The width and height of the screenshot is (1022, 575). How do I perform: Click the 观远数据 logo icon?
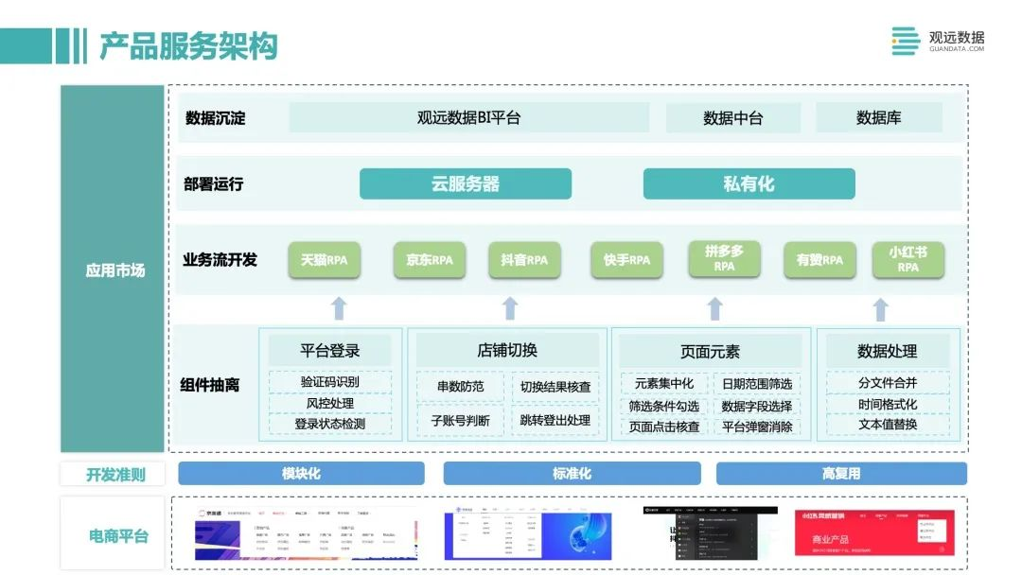tap(906, 41)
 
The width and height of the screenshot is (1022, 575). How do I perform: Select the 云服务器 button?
tap(465, 183)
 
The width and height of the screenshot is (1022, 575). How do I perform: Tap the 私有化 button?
tap(749, 183)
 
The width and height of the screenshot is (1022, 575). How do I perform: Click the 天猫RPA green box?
tap(325, 260)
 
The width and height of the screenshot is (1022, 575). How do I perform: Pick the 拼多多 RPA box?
tap(724, 258)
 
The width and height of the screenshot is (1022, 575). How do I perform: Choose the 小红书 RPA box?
tap(907, 259)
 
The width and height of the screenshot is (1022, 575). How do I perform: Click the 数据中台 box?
tap(732, 118)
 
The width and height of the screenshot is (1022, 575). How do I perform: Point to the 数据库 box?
tap(878, 118)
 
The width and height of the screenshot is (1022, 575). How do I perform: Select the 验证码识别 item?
tap(329, 382)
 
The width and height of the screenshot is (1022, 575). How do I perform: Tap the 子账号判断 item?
tap(460, 420)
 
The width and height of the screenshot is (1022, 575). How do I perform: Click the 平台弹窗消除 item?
tap(756, 427)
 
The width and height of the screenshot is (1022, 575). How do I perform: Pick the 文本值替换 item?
tap(887, 425)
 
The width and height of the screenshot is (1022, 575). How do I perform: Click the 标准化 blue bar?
tap(572, 474)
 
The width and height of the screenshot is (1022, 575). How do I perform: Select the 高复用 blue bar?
tap(840, 474)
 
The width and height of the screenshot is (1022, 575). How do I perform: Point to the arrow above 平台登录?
tap(338, 308)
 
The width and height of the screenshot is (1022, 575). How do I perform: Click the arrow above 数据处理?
tap(880, 309)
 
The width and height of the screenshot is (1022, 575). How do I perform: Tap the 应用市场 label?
tap(115, 270)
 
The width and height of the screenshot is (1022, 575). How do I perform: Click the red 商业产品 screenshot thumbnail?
tap(874, 533)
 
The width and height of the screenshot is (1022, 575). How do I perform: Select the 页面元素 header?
tap(711, 352)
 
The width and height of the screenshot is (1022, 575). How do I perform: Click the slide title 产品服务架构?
tap(188, 44)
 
